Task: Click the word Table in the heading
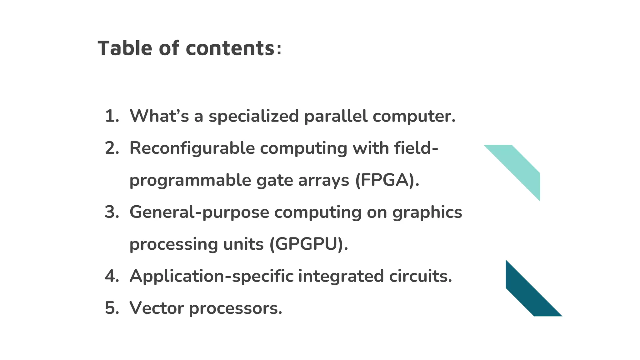pyautogui.click(x=125, y=48)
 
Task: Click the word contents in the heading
pyautogui.click(x=230, y=49)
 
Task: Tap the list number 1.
pyautogui.click(x=112, y=116)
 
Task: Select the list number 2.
pyautogui.click(x=112, y=148)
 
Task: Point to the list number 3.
pyautogui.click(x=112, y=212)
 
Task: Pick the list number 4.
pyautogui.click(x=112, y=276)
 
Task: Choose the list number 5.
pyautogui.click(x=112, y=308)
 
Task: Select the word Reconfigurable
pyautogui.click(x=192, y=148)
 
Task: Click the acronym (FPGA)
pyautogui.click(x=387, y=180)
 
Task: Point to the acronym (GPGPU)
pyautogui.click(x=308, y=244)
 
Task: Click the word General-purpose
pyautogui.click(x=199, y=212)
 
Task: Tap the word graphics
pyautogui.click(x=427, y=212)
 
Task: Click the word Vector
pyautogui.click(x=157, y=308)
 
